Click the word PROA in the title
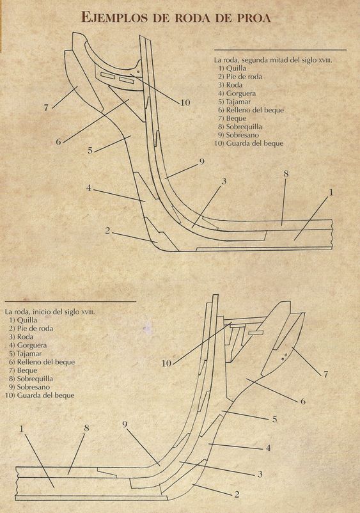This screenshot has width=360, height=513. point(253,18)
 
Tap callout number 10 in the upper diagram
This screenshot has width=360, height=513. point(185,103)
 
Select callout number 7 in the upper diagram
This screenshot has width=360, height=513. point(47,107)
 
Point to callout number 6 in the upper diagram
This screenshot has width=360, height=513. point(58,142)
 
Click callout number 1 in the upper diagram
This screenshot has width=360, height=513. point(331,193)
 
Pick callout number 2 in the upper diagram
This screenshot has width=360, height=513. point(107,231)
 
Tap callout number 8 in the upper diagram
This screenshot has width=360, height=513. point(286,174)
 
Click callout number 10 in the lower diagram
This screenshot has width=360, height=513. point(166,363)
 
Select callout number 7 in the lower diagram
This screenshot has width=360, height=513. point(325,374)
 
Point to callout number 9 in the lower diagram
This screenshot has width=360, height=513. point(125,425)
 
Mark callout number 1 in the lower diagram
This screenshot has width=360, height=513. point(22,429)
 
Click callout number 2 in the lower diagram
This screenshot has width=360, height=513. point(237,494)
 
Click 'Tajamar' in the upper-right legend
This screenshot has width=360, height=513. point(239,102)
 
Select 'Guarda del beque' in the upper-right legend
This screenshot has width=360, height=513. point(254,143)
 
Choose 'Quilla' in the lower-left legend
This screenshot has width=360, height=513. point(27,320)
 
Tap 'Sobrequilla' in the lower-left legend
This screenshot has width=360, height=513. point(35,379)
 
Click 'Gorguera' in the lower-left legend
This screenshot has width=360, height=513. point(32,345)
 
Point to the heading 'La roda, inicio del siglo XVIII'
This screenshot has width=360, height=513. point(50,312)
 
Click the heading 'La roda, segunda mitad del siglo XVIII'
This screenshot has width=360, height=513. point(273,60)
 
